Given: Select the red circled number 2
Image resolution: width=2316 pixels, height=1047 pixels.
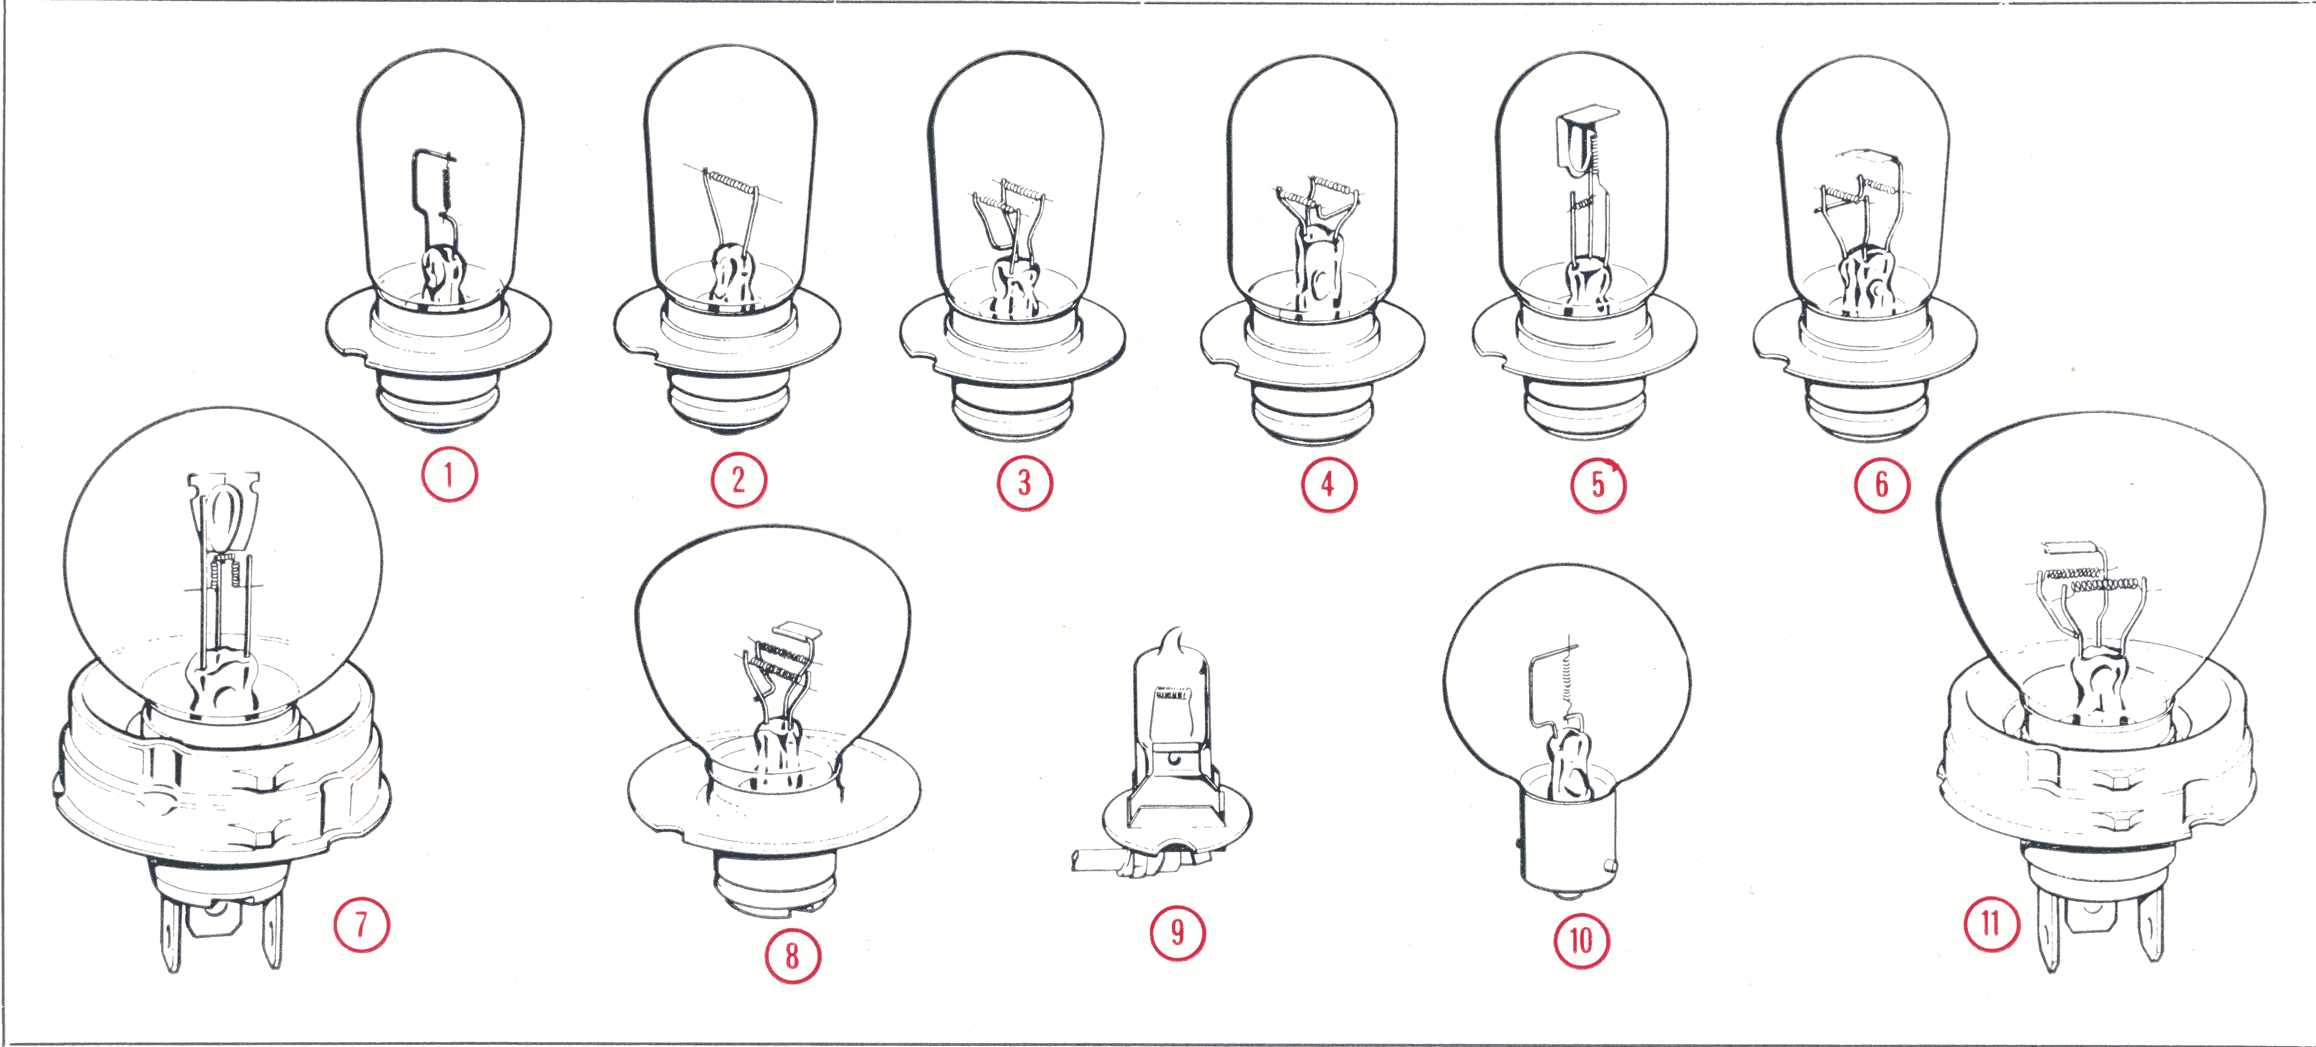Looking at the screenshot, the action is point(738,480).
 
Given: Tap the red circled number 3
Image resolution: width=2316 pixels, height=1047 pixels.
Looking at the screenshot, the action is point(1024,483).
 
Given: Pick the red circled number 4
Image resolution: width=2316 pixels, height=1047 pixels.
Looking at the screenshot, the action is point(1328,485).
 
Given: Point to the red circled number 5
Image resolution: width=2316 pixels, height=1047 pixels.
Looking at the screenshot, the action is point(1597,485).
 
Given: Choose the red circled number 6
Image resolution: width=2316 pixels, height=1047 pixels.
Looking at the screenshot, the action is point(1881,485).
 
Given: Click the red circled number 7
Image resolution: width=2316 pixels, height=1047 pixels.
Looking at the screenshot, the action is point(361,924).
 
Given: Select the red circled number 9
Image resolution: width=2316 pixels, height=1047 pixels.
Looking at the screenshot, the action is point(1177,933).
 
